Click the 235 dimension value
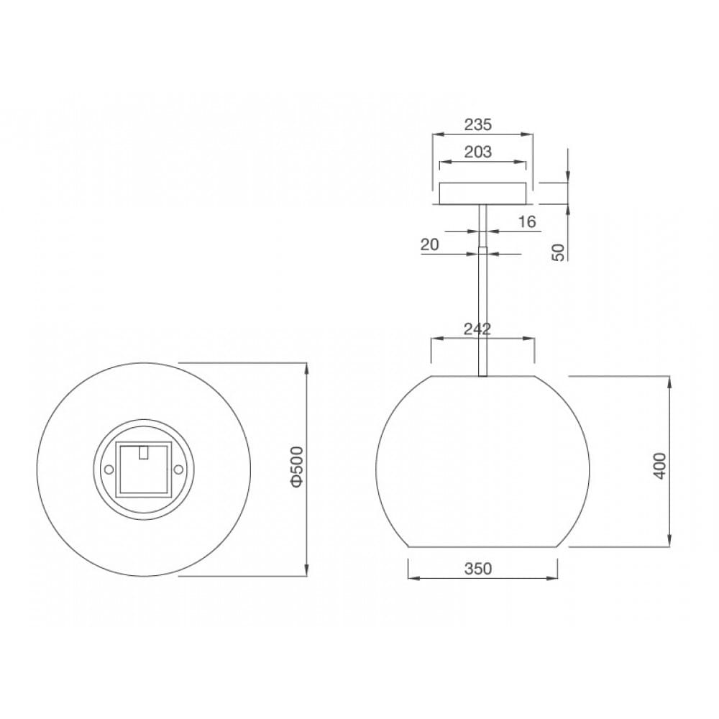(x=477, y=124)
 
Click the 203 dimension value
(x=478, y=152)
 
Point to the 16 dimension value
(x=527, y=222)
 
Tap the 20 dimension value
(x=429, y=244)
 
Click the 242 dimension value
(x=477, y=329)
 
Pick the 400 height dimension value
(x=660, y=466)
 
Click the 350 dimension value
(x=477, y=569)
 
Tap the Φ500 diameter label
(x=298, y=468)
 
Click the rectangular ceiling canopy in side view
(x=482, y=193)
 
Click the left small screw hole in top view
(x=109, y=469)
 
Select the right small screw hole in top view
(x=178, y=469)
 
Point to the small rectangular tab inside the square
(x=144, y=452)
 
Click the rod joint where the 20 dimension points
(x=483, y=252)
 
